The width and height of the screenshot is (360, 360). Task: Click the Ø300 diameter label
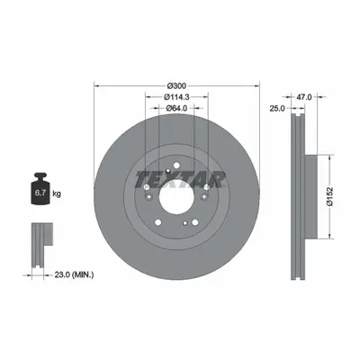pos(176,86)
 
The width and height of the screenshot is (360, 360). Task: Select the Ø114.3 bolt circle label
pos(176,97)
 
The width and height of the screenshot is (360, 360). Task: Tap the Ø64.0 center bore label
pos(176,108)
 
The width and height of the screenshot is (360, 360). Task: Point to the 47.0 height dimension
pos(304,97)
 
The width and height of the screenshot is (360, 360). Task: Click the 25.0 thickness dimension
pos(277,108)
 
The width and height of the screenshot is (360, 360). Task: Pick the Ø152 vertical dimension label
pos(329,197)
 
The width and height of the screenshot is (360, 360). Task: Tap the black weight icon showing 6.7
pos(40,189)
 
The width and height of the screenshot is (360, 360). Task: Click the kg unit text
pos(57,193)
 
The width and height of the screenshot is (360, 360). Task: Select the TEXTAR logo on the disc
pos(180,180)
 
